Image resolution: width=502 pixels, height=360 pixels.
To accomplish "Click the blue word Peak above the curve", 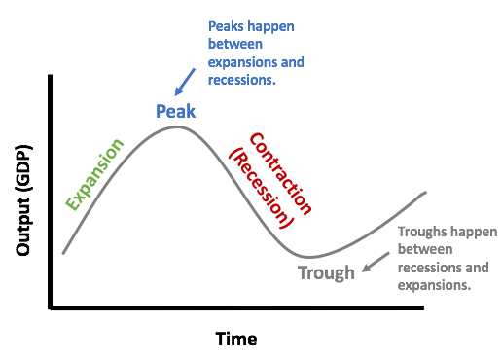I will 176,110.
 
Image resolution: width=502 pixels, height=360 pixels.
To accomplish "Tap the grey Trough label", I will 326,272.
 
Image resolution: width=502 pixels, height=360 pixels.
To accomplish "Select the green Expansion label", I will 94,175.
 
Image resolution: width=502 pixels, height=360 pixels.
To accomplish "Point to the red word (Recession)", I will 260,188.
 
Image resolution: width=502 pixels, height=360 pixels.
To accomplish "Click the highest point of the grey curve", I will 176,126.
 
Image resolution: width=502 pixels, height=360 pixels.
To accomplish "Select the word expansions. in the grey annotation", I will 435,286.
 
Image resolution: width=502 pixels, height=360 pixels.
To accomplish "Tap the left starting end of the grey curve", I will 63,254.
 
